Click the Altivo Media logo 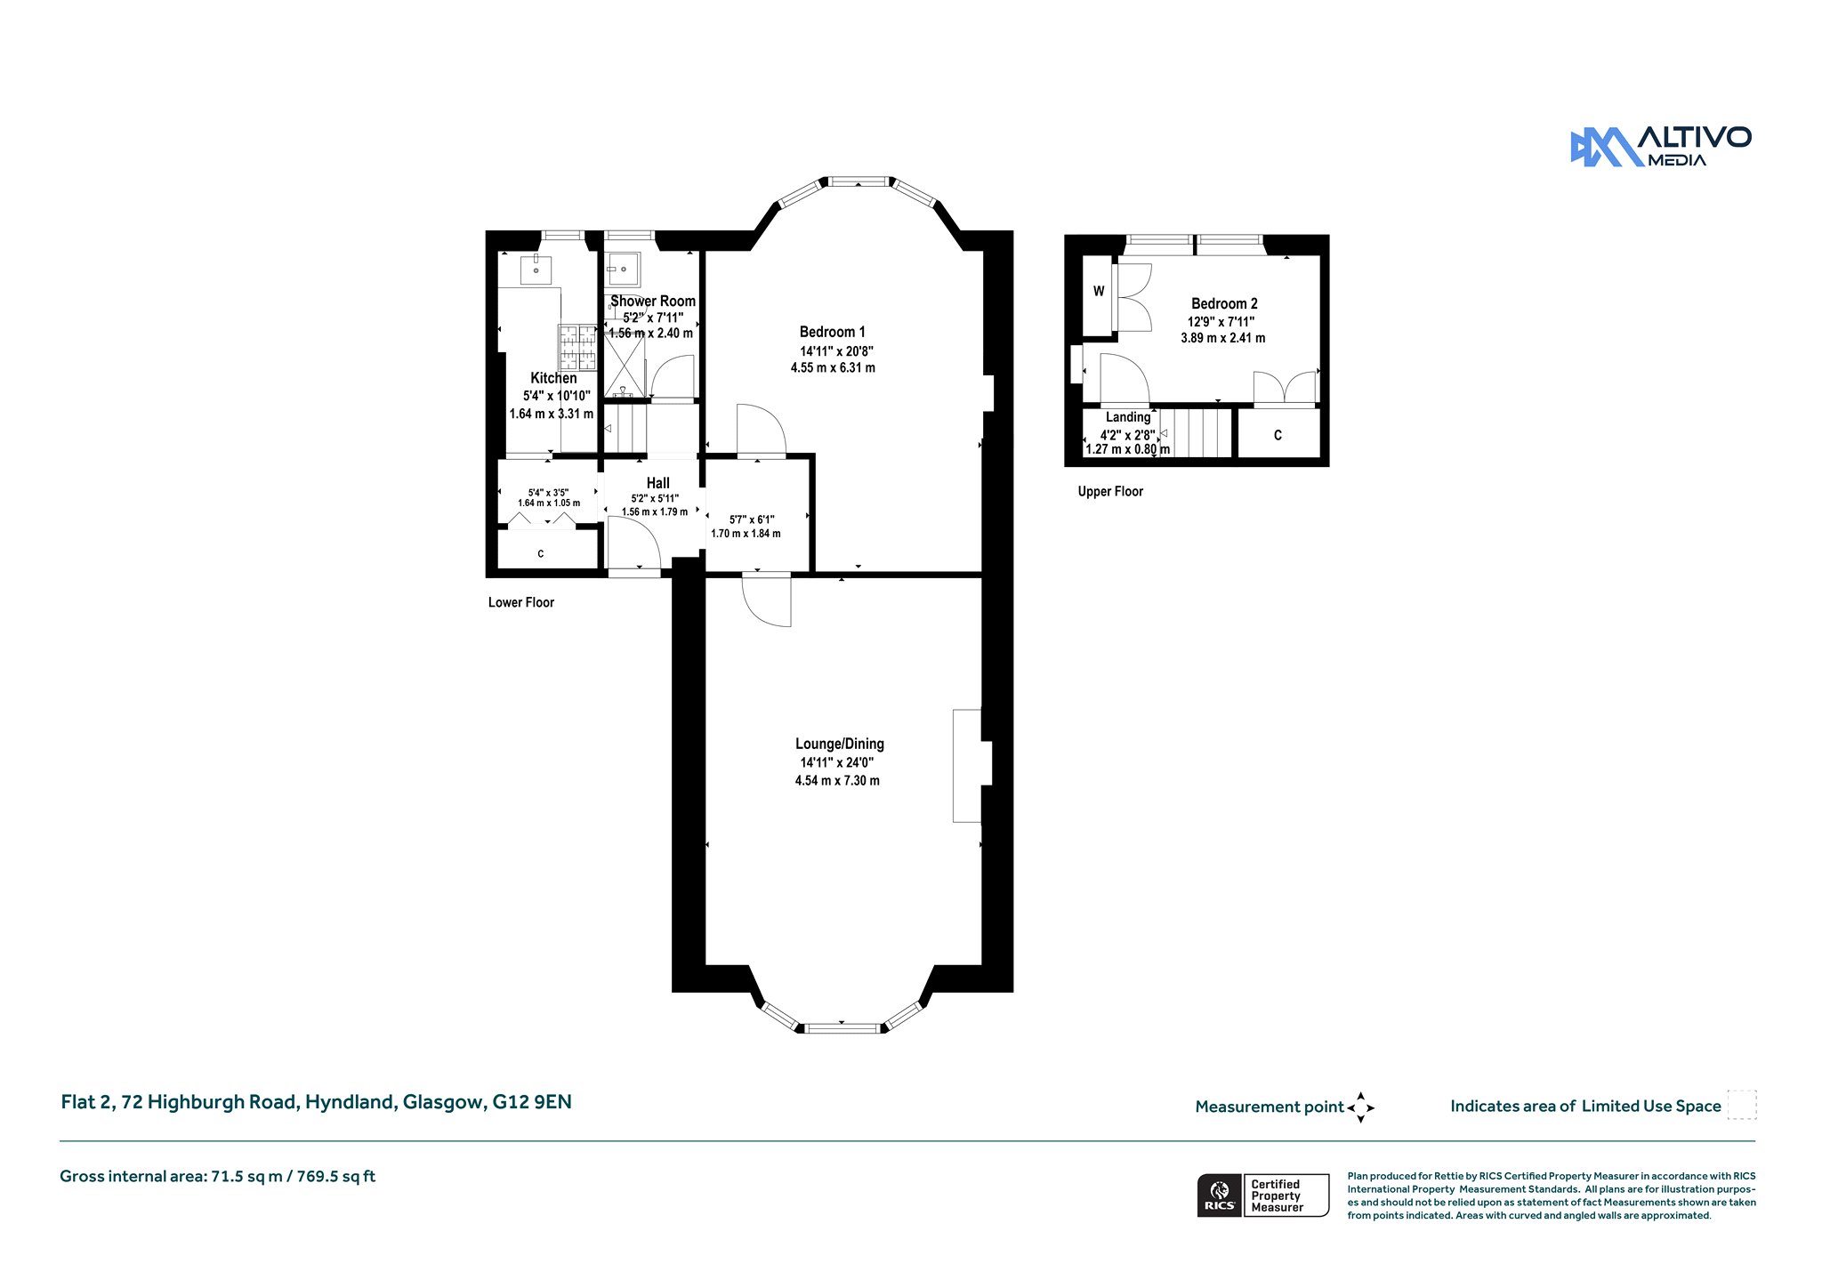[1661, 146]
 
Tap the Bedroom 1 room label [832, 332]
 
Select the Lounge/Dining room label [839, 744]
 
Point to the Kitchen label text [553, 378]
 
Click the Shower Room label [653, 301]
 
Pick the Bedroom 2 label [1224, 303]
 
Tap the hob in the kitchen [577, 347]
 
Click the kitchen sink [536, 270]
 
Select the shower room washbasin [624, 267]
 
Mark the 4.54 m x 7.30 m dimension [837, 780]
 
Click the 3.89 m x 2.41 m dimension [1222, 338]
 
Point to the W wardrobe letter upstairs [1099, 291]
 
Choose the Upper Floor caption [1110, 491]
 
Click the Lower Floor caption [521, 602]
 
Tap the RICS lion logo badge [1220, 1195]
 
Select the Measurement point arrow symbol [1360, 1107]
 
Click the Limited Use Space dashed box [1742, 1105]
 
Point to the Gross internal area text [217, 1176]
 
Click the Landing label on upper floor [1128, 416]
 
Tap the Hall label [658, 483]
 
